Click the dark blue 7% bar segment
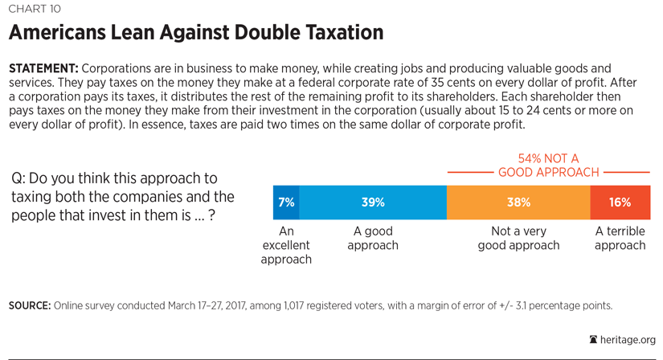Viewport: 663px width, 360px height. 286,202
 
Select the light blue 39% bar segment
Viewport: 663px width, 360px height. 373,202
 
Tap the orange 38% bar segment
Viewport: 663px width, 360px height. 518,202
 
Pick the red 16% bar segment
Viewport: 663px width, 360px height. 620,202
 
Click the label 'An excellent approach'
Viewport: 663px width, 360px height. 286,245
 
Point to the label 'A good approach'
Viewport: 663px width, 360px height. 373,238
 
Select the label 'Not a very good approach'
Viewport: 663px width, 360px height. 518,238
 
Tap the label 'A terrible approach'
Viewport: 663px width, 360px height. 620,238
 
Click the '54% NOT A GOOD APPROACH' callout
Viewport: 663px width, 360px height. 549,166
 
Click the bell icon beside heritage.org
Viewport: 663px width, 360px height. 593,340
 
